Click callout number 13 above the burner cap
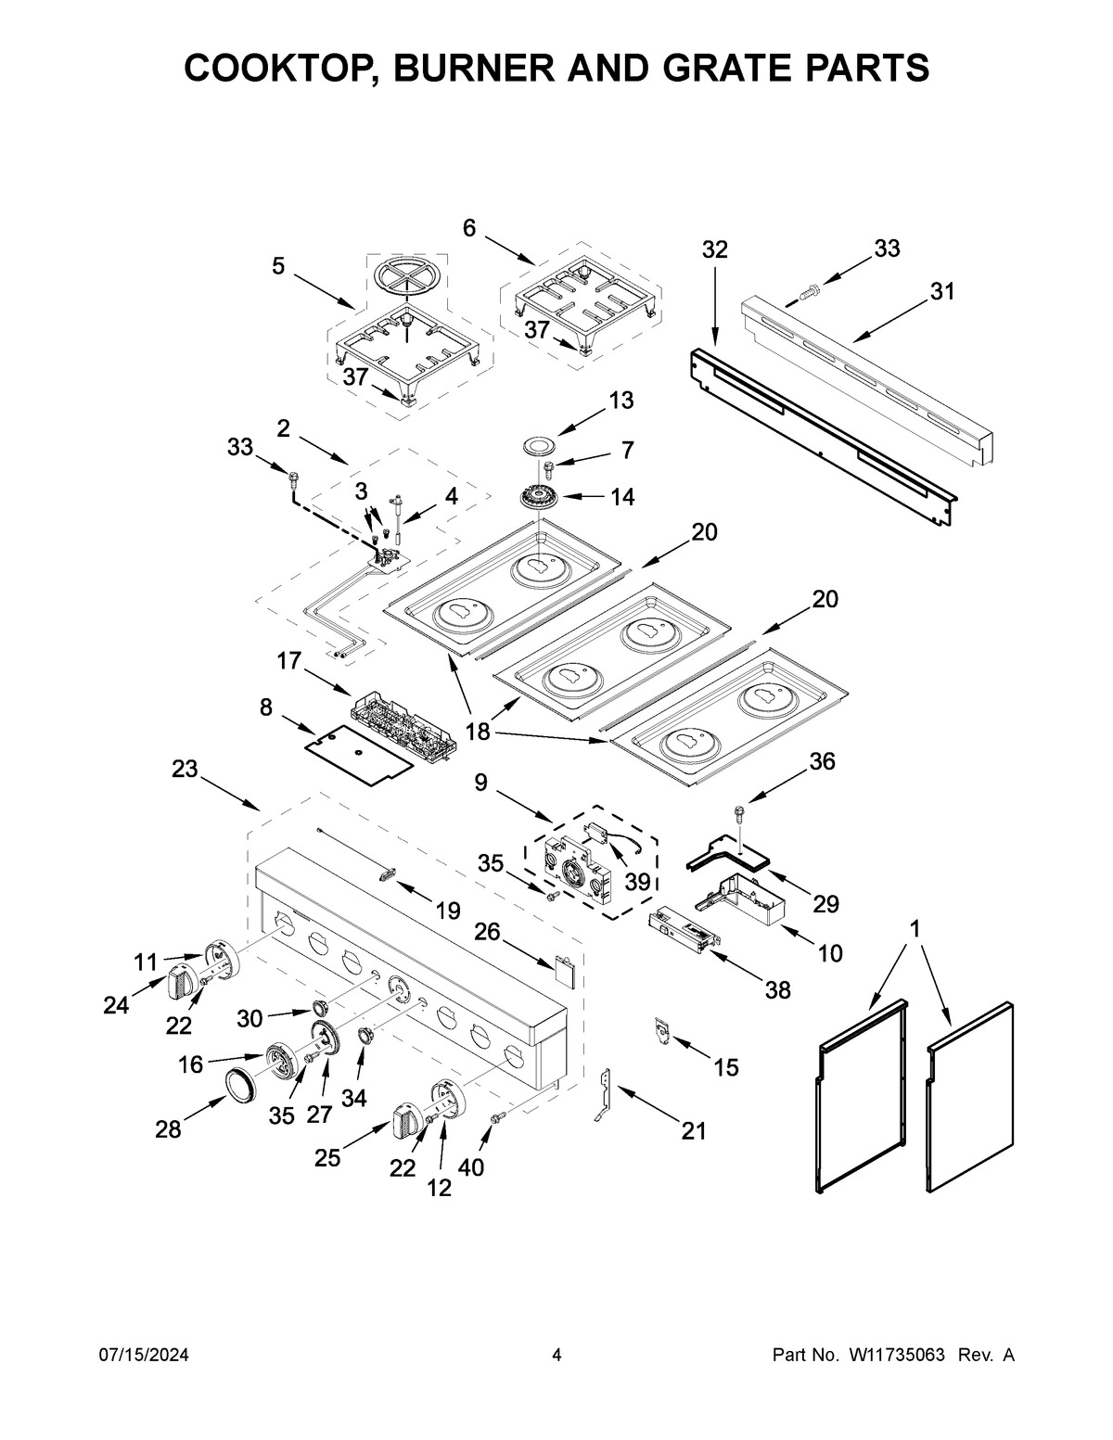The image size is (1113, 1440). (x=620, y=400)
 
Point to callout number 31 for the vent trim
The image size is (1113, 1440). (x=942, y=291)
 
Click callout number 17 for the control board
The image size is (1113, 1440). (x=289, y=661)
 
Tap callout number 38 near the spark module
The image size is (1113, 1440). (x=777, y=990)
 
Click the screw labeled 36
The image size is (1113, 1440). (x=739, y=814)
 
